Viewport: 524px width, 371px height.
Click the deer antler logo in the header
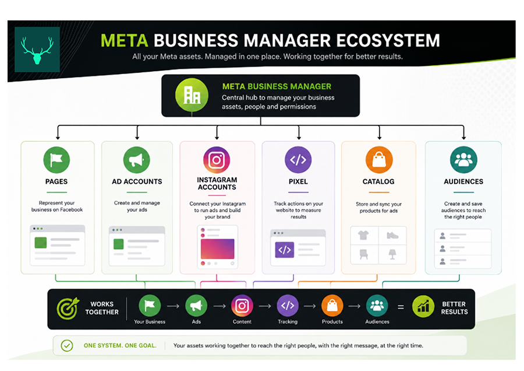(37, 50)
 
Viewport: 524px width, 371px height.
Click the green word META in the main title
(125, 40)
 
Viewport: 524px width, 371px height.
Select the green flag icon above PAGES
(56, 160)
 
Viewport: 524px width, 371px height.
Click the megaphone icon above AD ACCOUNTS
(137, 160)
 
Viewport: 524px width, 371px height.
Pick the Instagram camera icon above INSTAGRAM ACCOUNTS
(217, 160)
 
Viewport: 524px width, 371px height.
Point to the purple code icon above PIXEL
(298, 160)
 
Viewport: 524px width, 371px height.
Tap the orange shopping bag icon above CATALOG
(379, 160)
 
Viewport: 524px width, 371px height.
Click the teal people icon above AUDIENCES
(463, 160)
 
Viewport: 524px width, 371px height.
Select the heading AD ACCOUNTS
(137, 181)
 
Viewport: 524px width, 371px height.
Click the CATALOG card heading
(378, 181)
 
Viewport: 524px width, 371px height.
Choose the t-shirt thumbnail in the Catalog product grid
(363, 235)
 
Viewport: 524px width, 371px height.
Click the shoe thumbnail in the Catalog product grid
(392, 236)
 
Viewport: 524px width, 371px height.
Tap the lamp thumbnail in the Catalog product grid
(392, 254)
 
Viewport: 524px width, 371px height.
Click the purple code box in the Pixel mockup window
(284, 250)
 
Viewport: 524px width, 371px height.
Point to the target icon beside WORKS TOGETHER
(68, 309)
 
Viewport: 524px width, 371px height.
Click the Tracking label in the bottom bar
(288, 321)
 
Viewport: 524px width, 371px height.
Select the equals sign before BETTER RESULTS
(401, 307)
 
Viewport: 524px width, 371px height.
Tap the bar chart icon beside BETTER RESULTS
(423, 306)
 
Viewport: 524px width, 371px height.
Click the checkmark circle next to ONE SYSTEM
(67, 345)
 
